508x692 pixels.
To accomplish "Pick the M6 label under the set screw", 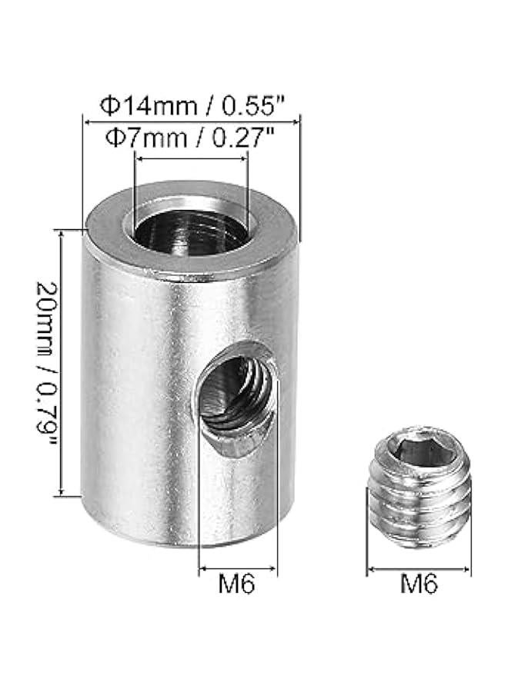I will point(419,586).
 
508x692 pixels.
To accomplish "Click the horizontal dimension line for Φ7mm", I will point(191,158).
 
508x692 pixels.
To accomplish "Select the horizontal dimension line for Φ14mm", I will point(191,121).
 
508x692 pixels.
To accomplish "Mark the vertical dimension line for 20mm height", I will point(60,361).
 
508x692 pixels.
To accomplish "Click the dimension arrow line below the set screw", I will point(419,570).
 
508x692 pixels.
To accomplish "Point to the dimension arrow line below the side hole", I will point(238,570).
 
